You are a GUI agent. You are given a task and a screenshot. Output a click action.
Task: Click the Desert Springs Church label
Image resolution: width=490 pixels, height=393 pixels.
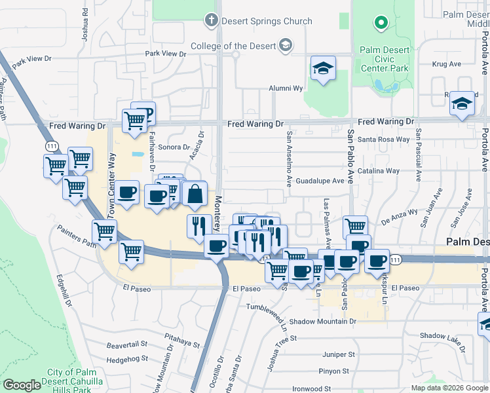[x=267, y=21]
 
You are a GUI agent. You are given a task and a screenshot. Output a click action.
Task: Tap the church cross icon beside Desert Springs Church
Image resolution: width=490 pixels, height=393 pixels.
[x=211, y=21]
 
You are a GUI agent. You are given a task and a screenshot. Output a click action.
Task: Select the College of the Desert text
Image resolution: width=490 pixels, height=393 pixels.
[x=233, y=46]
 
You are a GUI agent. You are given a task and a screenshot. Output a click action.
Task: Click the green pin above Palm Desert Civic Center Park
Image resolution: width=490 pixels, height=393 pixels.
[x=381, y=24]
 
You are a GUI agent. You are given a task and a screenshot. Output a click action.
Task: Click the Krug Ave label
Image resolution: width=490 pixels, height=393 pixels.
[x=447, y=64]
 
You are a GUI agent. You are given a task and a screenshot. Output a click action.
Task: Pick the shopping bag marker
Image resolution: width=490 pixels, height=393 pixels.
[x=196, y=194]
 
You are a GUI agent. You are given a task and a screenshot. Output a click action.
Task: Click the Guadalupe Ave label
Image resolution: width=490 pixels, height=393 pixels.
[x=320, y=181]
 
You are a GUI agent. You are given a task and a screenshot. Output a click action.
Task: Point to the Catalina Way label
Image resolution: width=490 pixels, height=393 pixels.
[x=384, y=171]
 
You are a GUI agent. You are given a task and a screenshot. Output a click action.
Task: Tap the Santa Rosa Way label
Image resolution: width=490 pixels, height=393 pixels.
[x=384, y=140]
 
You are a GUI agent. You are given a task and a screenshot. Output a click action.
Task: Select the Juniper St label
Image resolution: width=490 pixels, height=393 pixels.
[x=339, y=354]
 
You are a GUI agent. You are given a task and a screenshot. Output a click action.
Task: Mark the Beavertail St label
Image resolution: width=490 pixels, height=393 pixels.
[x=129, y=344]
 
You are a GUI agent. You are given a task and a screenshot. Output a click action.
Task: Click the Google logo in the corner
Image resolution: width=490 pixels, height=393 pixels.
[x=22, y=385]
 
